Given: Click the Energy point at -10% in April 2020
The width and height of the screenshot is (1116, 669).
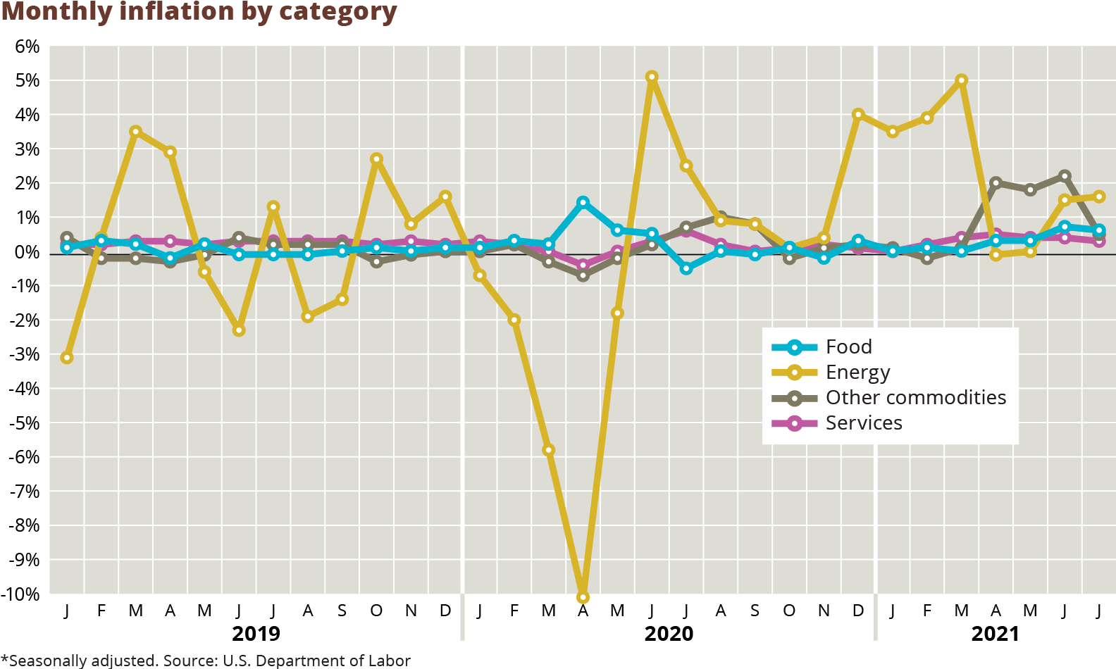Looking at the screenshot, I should [583, 597].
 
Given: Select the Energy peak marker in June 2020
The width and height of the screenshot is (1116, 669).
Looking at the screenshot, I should [652, 77].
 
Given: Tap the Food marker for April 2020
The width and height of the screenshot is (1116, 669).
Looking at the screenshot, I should [583, 203].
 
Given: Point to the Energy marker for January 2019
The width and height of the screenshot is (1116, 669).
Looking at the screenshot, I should [67, 358].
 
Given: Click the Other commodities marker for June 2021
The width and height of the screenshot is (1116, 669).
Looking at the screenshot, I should [1065, 176].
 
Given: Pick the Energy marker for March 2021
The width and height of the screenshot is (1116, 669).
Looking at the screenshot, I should [962, 80].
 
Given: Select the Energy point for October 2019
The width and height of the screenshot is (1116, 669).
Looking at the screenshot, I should [376, 159].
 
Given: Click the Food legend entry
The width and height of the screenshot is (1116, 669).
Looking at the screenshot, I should [848, 346].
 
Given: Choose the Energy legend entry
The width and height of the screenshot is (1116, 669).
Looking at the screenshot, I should [857, 372].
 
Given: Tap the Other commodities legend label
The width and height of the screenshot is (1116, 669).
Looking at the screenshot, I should [915, 397].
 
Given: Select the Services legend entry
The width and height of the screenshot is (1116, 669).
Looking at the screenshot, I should [863, 423].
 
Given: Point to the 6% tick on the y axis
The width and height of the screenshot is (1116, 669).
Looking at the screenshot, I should [27, 46].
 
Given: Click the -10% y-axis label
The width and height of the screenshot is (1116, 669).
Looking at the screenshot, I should [21, 594].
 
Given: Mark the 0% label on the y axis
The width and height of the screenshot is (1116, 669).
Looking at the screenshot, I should [27, 252].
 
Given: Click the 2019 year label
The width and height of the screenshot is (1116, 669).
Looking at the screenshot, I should [256, 633].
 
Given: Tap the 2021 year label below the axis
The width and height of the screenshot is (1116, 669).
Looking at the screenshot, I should [995, 633].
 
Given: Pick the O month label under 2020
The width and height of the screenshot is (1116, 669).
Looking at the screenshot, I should [789, 611].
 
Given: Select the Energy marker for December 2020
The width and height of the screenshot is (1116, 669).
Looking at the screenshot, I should [858, 114].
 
